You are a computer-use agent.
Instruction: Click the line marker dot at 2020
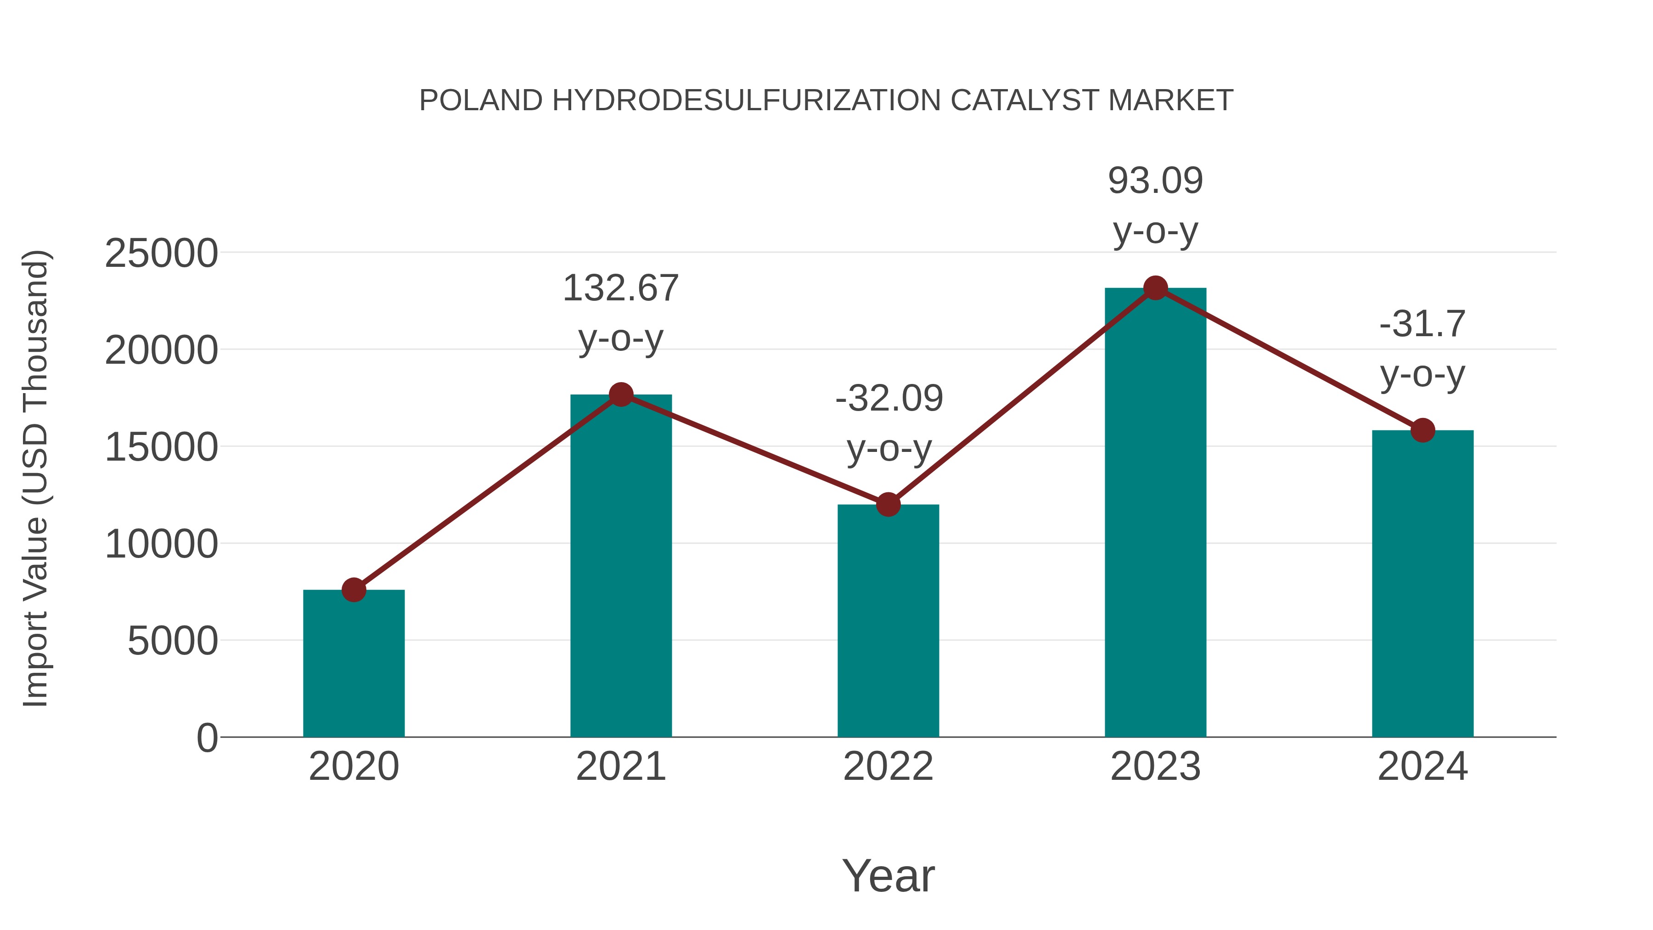(x=354, y=590)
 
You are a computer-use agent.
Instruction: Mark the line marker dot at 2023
(x=1155, y=288)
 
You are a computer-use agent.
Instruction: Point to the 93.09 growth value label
(x=1155, y=181)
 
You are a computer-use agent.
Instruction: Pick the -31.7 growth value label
(x=1422, y=324)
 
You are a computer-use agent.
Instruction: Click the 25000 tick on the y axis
(x=161, y=254)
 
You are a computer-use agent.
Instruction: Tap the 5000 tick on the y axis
(x=173, y=641)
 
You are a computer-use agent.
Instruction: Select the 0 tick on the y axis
(x=207, y=738)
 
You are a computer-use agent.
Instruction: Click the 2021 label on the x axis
(x=620, y=767)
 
